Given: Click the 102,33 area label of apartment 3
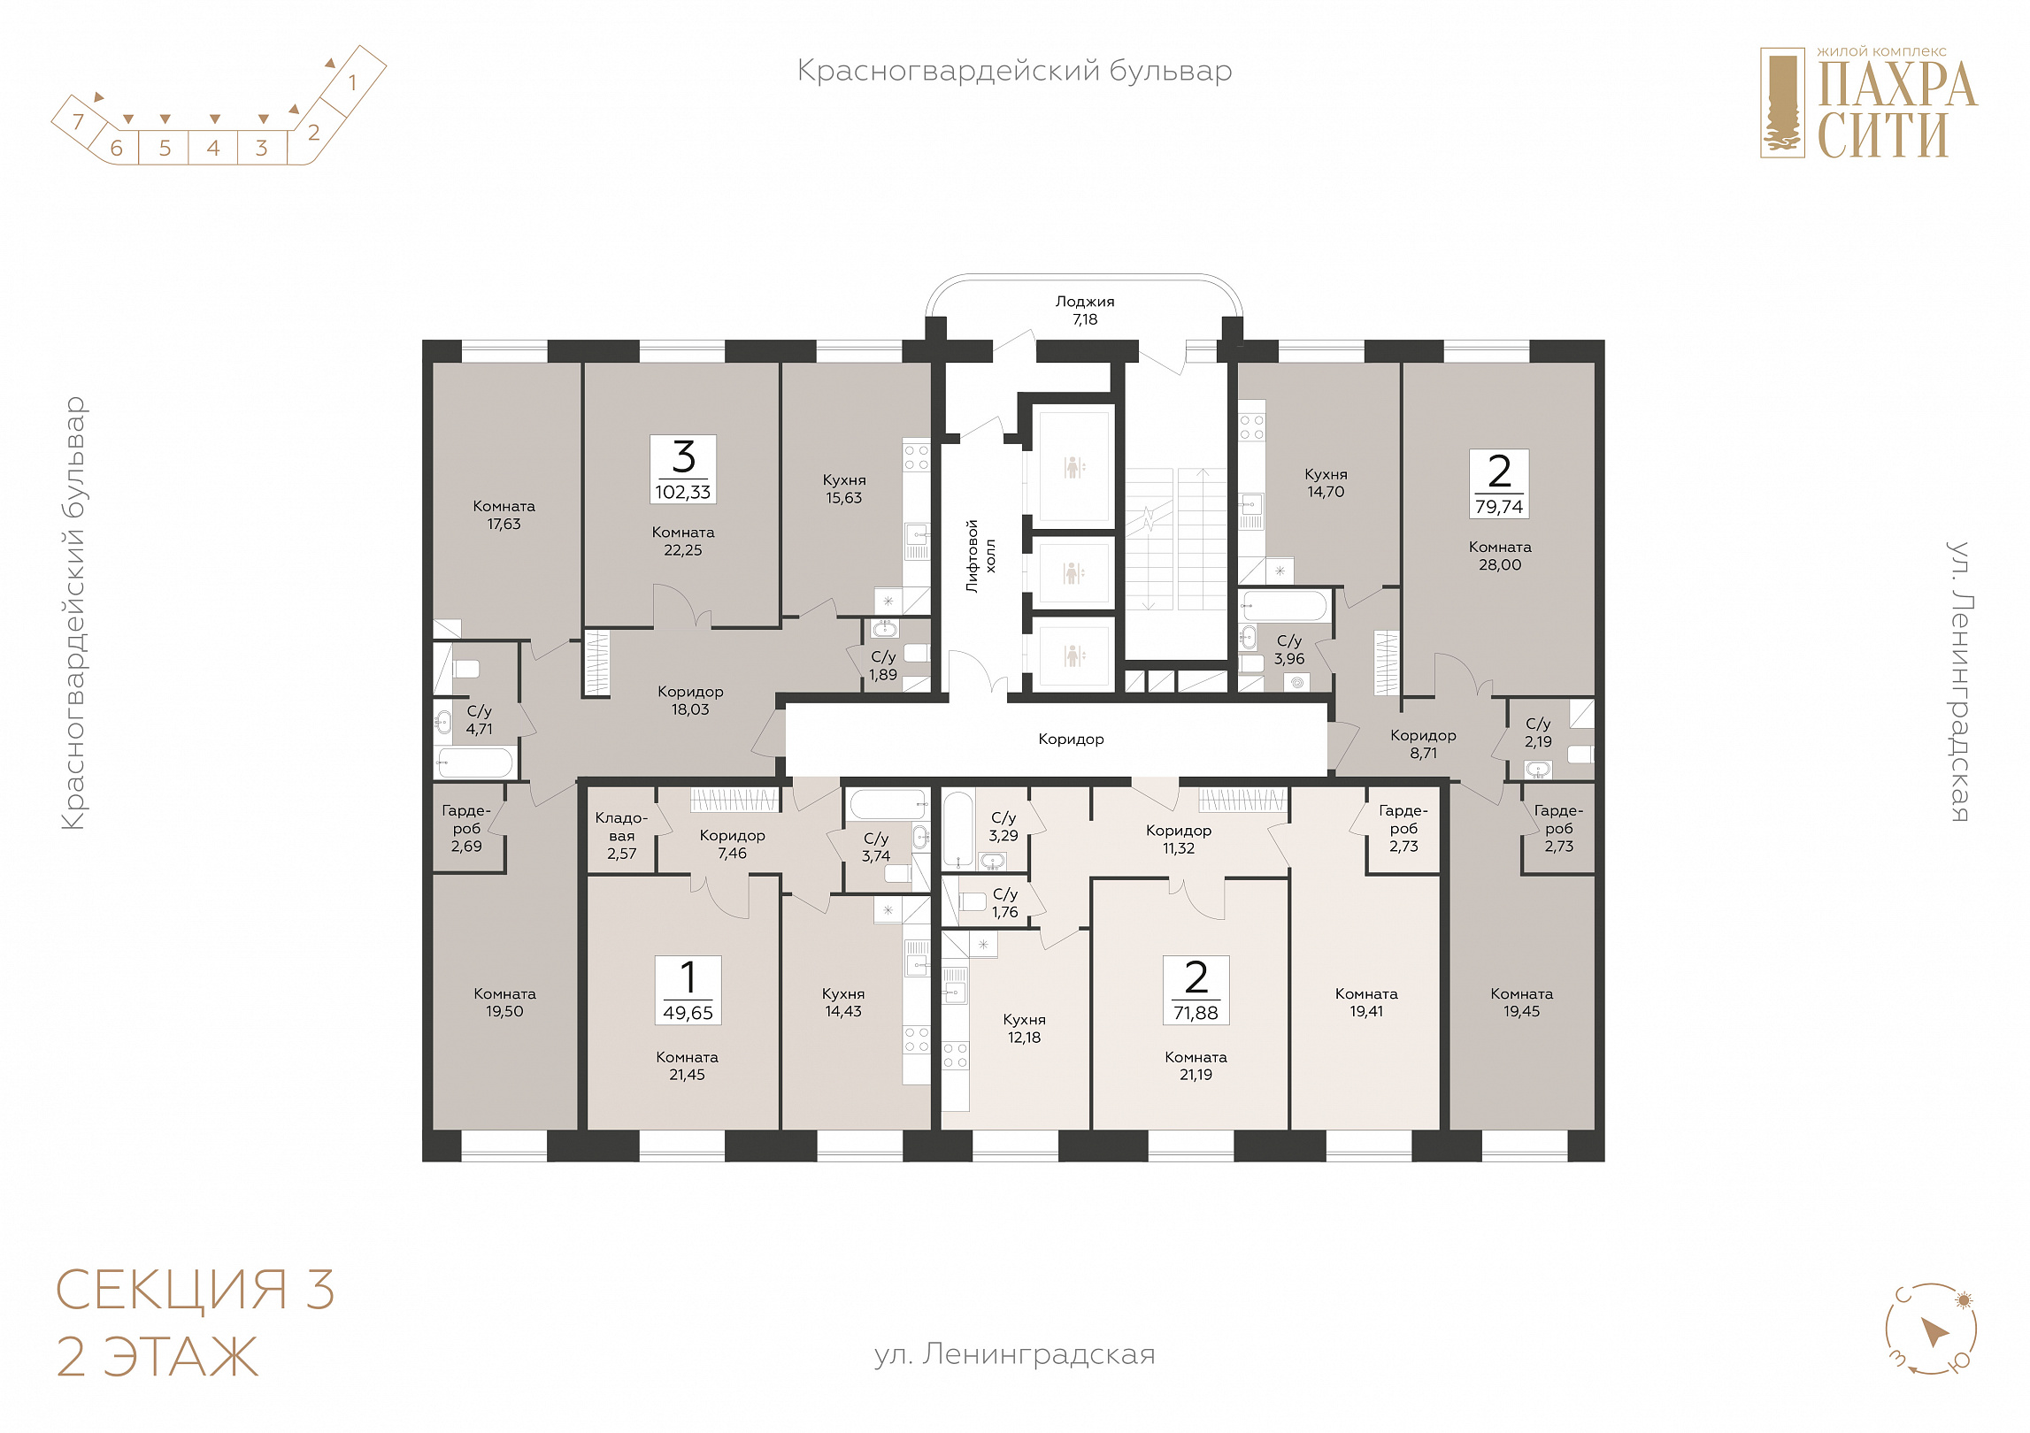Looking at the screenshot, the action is (683, 493).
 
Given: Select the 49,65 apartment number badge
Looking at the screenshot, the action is (688, 990).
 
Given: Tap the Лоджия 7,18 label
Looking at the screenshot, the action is (1085, 310).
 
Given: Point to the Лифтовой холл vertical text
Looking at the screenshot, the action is (980, 556).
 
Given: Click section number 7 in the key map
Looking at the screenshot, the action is (78, 121).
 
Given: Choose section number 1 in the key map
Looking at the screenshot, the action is (352, 83).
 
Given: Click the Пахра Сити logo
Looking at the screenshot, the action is (1869, 103).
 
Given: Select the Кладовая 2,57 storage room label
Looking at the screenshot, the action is (622, 836).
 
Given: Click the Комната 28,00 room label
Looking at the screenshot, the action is (1500, 556).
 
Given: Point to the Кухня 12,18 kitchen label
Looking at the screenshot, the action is (1025, 1029).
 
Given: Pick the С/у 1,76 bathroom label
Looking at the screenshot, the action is (1005, 903).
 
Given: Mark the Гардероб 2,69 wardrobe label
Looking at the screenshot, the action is (466, 828).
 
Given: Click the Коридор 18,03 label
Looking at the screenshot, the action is (690, 701).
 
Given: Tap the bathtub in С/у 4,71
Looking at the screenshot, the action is (475, 763).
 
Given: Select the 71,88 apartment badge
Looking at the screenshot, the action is (1196, 990).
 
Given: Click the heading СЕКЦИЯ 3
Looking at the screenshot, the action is (196, 1290).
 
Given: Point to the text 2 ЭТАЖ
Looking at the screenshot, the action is (158, 1357).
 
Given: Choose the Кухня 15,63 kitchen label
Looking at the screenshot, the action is (844, 489).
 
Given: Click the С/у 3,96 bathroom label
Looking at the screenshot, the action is (1289, 650).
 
